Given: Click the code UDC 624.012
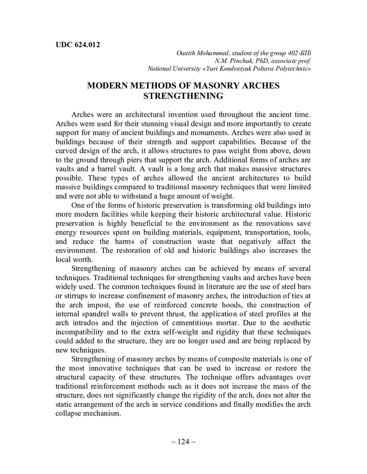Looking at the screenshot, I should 77,45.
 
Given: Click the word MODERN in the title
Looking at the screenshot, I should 106,87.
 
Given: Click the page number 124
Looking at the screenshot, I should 183,442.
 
